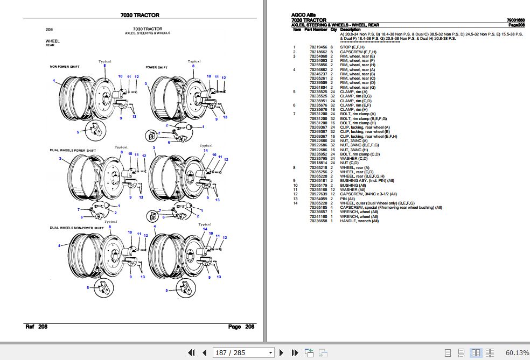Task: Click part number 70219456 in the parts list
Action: pyautogui.click(x=317, y=47)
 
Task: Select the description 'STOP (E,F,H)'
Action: pyautogui.click(x=353, y=47)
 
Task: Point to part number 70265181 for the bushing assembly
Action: pyautogui.click(x=317, y=180)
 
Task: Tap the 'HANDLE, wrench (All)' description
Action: pyautogui.click(x=359, y=221)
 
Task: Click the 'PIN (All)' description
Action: pyautogui.click(x=348, y=199)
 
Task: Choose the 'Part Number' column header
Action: pyautogui.click(x=316, y=29)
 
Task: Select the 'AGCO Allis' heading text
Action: pyautogui.click(x=303, y=15)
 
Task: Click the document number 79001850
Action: pyautogui.click(x=515, y=20)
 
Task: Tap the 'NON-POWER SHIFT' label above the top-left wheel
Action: pyautogui.click(x=65, y=67)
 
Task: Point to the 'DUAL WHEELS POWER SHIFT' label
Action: pyautogui.click(x=73, y=150)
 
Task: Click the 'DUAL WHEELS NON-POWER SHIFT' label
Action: pyautogui.click(x=77, y=228)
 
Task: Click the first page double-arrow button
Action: pyautogui.click(x=191, y=353)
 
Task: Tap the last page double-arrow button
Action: pyautogui.click(x=295, y=353)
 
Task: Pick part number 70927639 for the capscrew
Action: pyautogui.click(x=317, y=194)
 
